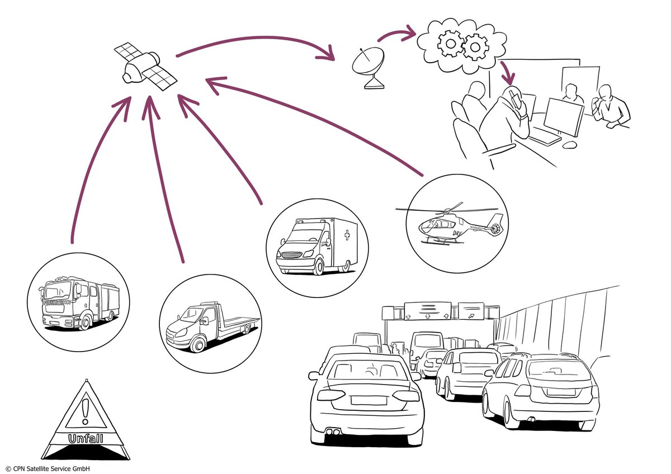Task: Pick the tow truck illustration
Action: point(210,326)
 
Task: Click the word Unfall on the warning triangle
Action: point(85,439)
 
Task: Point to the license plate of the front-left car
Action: point(368,400)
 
